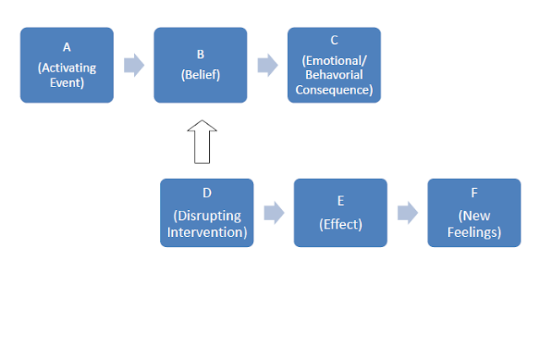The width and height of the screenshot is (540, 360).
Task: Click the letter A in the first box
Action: click(x=67, y=47)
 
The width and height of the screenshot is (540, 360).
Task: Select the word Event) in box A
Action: click(x=67, y=83)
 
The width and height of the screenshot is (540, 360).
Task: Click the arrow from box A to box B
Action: click(x=134, y=65)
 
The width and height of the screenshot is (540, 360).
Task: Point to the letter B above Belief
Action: click(x=201, y=54)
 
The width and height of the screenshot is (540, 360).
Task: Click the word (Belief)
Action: click(x=201, y=75)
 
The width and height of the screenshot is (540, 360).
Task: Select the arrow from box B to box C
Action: click(x=267, y=65)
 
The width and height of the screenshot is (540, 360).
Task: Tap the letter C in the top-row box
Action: click(x=334, y=40)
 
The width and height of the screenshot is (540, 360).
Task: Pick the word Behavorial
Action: click(x=334, y=75)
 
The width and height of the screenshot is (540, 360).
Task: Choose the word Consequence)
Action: click(x=334, y=90)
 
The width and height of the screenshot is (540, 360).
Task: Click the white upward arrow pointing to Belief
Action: click(x=202, y=142)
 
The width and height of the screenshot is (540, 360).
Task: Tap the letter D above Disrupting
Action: click(x=207, y=193)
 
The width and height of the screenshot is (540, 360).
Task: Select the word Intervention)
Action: click(x=207, y=233)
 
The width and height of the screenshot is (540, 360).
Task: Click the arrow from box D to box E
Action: click(x=274, y=212)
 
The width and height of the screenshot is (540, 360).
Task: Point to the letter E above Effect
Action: click(x=341, y=201)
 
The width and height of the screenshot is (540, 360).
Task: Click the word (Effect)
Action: click(x=341, y=224)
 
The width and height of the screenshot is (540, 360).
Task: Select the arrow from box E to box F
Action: click(x=408, y=212)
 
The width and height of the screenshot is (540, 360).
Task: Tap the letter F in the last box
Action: click(x=474, y=193)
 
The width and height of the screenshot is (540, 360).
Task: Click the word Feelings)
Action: click(x=474, y=233)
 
